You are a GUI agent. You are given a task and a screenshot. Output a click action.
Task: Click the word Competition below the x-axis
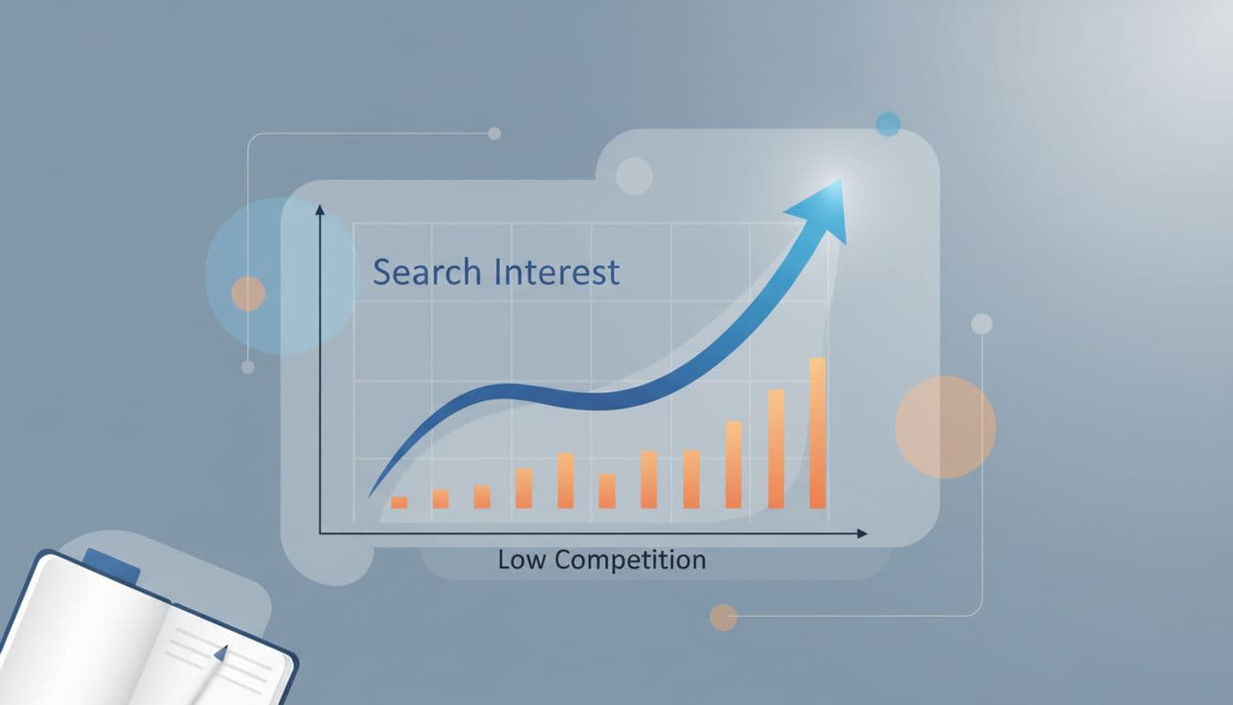click(x=631, y=560)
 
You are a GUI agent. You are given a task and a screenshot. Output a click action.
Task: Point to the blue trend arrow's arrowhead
click(x=823, y=207)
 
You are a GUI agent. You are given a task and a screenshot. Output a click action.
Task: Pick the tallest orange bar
click(x=817, y=432)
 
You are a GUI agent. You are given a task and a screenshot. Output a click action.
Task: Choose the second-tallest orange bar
click(x=776, y=448)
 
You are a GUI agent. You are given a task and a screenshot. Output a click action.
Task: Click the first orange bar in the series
click(x=399, y=502)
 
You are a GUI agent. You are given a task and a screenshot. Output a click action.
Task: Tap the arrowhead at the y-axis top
click(x=320, y=209)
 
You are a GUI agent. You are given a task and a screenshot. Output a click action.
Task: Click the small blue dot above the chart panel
click(x=888, y=124)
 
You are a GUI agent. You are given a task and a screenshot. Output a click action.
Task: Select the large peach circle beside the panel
click(x=945, y=427)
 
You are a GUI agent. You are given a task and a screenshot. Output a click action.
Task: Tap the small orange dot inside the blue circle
click(x=248, y=294)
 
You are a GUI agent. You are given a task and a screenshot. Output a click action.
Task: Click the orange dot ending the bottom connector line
click(x=723, y=617)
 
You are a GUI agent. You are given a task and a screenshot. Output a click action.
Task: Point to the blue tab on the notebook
click(x=111, y=565)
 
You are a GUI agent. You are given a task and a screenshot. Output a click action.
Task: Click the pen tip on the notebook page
click(x=220, y=653)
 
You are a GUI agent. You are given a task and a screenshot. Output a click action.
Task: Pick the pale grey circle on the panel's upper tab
click(x=634, y=176)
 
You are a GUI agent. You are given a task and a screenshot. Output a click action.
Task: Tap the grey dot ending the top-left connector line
click(x=494, y=133)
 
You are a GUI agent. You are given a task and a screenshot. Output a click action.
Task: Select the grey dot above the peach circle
click(x=982, y=323)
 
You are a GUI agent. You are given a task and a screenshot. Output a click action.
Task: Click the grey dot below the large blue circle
click(x=248, y=366)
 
